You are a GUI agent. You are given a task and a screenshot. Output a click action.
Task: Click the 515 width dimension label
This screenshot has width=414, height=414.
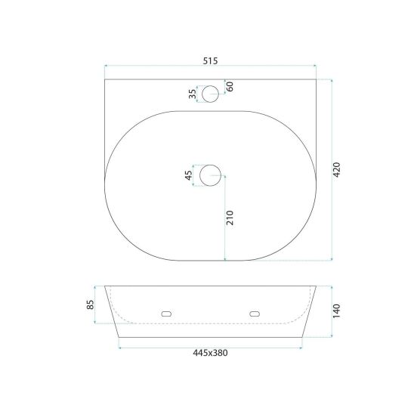[x=211, y=61]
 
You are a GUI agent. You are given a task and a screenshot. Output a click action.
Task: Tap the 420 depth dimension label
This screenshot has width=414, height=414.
[x=337, y=170]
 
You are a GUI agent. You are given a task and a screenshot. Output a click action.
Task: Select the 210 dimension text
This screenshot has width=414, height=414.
[x=230, y=218]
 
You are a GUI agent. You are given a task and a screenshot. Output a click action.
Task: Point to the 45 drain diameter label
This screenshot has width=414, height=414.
[x=189, y=175]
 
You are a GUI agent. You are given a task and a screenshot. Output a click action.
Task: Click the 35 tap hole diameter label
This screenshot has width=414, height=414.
[x=193, y=94]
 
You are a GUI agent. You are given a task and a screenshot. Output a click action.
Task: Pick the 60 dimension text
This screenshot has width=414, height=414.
[x=230, y=86]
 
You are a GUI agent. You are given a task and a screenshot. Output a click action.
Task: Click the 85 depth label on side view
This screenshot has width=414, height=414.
[x=91, y=304]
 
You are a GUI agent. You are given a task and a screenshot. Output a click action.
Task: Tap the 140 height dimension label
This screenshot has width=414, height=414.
[x=337, y=311]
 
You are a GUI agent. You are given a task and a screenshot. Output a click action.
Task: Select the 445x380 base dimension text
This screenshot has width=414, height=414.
[x=210, y=353]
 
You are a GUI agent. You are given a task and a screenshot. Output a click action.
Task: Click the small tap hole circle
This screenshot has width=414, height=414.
[x=211, y=85]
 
